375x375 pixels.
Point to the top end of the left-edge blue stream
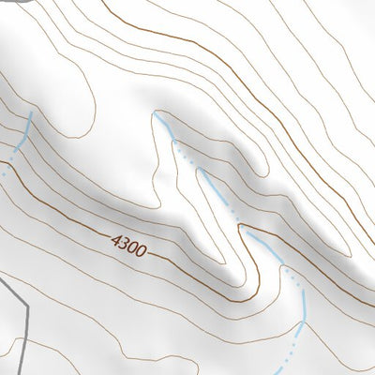pyautogui.click(x=31, y=113)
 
